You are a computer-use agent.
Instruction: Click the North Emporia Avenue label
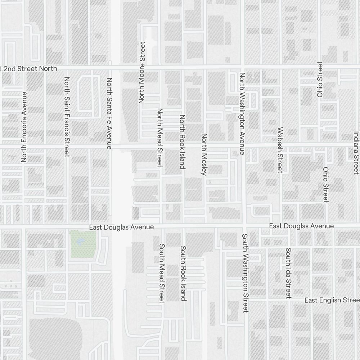(24, 127)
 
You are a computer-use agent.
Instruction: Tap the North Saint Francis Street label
(67, 117)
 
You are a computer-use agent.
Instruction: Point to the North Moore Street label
(142, 73)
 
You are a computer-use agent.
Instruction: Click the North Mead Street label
(160, 138)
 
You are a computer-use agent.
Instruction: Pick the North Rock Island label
(183, 142)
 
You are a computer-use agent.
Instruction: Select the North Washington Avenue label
(242, 114)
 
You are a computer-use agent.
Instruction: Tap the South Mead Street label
(162, 274)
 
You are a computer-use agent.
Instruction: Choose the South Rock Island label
(183, 273)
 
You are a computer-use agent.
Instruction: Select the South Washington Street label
(245, 273)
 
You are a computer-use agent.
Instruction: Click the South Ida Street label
(288, 273)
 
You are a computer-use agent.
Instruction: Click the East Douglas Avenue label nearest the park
(122, 227)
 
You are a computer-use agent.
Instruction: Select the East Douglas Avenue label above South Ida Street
(301, 226)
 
